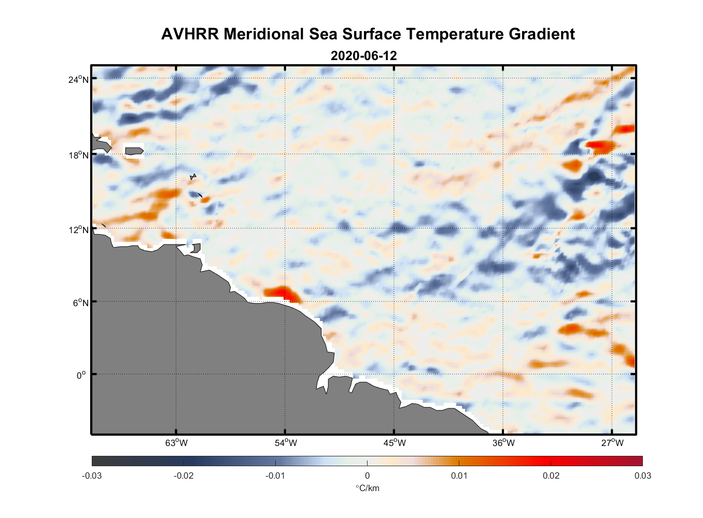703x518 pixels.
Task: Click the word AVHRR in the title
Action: pyautogui.click(x=190, y=34)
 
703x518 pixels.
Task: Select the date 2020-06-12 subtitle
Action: pyautogui.click(x=363, y=55)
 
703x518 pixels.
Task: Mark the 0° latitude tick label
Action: pyautogui.click(x=82, y=375)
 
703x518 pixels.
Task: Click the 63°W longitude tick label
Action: pyautogui.click(x=176, y=443)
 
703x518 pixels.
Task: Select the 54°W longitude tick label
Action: pyautogui.click(x=286, y=443)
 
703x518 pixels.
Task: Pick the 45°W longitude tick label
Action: pyautogui.click(x=395, y=443)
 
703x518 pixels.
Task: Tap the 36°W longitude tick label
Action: pyautogui.click(x=503, y=443)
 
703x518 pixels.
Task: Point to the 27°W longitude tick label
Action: pyautogui.click(x=612, y=443)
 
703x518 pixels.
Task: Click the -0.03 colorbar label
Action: pyautogui.click(x=92, y=476)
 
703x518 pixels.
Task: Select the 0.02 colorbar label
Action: pyautogui.click(x=551, y=476)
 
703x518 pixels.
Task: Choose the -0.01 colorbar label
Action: pyautogui.click(x=275, y=476)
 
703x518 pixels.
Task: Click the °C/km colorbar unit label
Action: pyautogui.click(x=367, y=488)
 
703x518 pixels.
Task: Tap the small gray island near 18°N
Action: pyautogui.click(x=134, y=151)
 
